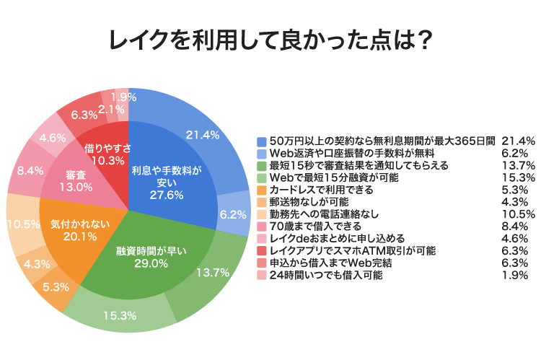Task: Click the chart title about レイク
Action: pos(270,39)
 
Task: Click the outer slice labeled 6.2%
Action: pos(232,214)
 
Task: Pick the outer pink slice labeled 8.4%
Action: pos(29,170)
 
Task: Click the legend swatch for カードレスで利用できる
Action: pos(263,190)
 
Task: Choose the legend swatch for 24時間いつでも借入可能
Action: pos(263,275)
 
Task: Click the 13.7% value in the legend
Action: pos(518,165)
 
